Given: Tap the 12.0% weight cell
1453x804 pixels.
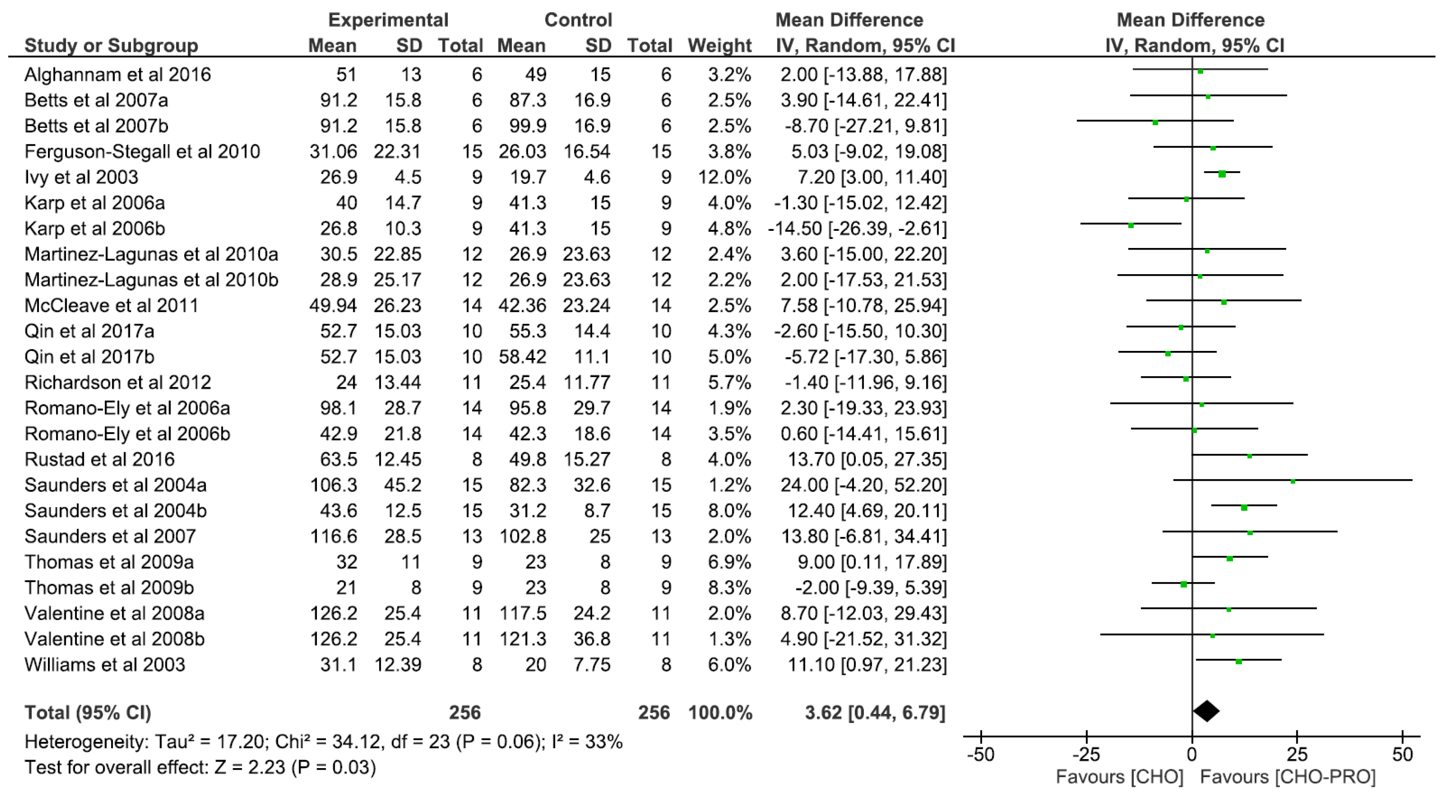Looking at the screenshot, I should [724, 177].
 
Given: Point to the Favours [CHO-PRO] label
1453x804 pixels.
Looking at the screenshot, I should [1288, 777].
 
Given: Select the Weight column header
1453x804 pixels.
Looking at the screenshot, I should [720, 45].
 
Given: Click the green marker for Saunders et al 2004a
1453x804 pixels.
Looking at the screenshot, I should [1293, 481].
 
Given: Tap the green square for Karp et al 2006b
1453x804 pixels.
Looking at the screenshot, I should [1130, 225].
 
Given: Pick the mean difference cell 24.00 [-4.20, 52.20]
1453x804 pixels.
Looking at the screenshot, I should [863, 485].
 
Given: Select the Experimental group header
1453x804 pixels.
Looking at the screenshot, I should [388, 20].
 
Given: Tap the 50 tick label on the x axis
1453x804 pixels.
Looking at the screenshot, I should [1402, 754].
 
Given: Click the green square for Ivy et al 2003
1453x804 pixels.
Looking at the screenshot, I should [1222, 174].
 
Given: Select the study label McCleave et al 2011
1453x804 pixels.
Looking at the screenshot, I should [111, 305].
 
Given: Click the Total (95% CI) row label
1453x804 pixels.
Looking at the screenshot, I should [88, 713].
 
